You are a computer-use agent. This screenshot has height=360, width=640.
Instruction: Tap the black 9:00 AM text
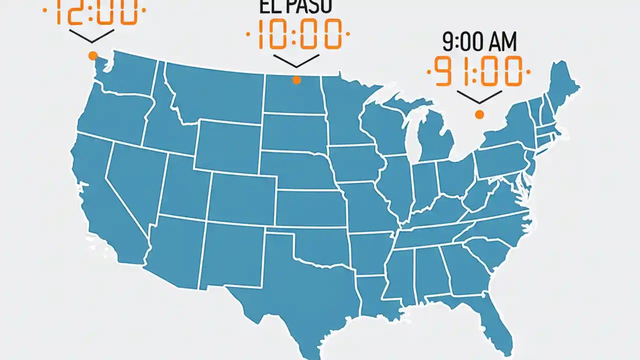coord(479,43)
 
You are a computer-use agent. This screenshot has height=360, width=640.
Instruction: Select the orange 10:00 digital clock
coord(298,34)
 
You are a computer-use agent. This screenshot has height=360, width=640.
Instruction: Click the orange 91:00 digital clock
coord(478,71)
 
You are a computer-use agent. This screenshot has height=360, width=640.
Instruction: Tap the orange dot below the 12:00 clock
coord(92,55)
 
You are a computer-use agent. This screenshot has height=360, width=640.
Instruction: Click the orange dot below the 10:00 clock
coord(296,79)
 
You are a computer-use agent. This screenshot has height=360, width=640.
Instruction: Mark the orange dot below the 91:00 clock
coord(479,114)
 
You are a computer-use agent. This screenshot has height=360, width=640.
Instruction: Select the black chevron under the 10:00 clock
coord(296,60)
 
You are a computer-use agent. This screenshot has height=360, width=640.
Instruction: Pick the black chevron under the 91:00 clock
coord(479,96)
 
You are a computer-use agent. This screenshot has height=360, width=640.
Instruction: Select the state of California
coord(105,200)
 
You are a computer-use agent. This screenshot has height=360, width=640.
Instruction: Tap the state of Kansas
coord(310,207)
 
